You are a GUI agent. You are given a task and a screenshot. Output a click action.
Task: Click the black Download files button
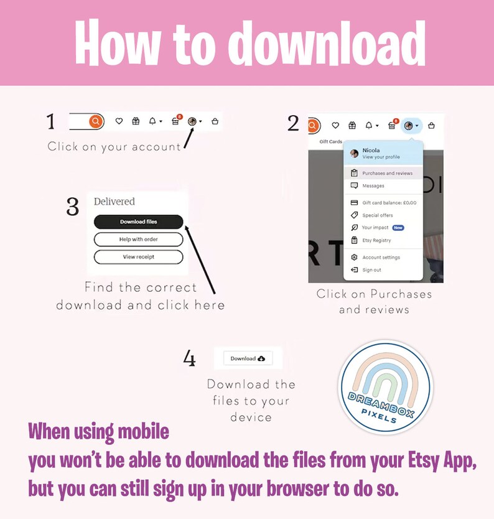click(x=138, y=222)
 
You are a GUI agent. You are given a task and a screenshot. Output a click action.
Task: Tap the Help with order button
click(x=138, y=240)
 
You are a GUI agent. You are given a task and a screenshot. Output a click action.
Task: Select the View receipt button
click(x=138, y=257)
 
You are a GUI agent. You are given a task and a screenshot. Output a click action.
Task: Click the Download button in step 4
click(x=248, y=358)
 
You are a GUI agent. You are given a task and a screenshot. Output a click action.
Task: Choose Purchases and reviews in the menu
click(x=383, y=173)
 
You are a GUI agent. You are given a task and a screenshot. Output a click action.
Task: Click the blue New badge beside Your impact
click(x=398, y=228)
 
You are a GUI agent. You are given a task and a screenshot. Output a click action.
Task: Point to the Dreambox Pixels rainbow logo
click(x=385, y=386)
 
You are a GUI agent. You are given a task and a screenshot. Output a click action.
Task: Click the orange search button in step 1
click(x=96, y=121)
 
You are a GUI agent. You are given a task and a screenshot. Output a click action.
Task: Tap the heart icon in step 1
click(x=119, y=121)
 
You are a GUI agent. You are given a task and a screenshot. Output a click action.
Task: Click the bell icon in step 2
click(x=368, y=126)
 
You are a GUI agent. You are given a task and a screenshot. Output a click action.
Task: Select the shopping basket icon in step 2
click(x=431, y=126)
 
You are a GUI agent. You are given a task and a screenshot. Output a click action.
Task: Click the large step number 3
click(x=73, y=207)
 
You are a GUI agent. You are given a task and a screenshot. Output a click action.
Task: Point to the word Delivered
click(x=114, y=201)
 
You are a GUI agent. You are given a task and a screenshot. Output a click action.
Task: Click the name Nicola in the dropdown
click(x=371, y=150)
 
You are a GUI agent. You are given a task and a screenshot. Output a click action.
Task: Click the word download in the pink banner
click(x=327, y=43)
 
